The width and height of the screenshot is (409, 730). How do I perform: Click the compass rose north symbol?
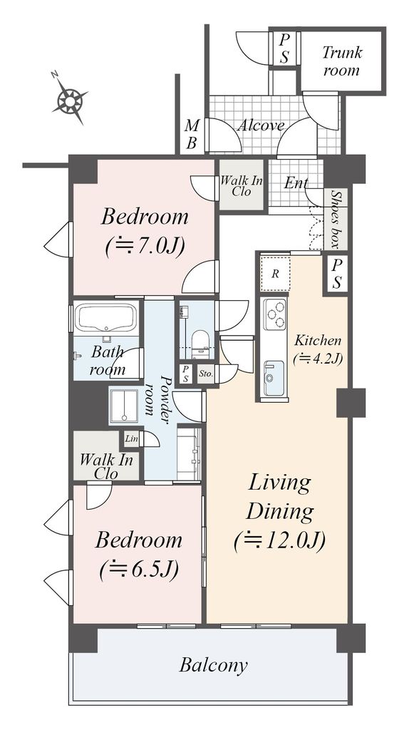click(69, 98)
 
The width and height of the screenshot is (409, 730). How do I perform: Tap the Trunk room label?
click(342, 61)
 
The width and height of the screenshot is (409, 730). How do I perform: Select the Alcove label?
click(261, 125)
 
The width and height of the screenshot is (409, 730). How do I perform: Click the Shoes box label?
click(336, 218)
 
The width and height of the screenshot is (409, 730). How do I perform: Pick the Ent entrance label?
click(296, 183)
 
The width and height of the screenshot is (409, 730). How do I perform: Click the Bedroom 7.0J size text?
click(145, 245)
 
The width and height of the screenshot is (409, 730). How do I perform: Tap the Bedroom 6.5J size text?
click(139, 569)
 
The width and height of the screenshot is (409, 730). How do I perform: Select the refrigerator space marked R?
click(276, 273)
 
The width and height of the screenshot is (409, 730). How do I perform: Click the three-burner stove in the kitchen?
click(274, 314)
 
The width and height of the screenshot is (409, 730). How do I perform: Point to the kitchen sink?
click(274, 378)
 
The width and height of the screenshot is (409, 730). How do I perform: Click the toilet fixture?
click(200, 343)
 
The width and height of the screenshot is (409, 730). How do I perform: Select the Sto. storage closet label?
click(205, 374)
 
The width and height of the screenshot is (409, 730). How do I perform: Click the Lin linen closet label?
click(131, 438)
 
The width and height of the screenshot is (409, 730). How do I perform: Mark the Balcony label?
click(214, 665)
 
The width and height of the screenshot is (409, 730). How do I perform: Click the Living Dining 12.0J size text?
click(279, 542)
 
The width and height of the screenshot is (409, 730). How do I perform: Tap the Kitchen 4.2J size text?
click(318, 359)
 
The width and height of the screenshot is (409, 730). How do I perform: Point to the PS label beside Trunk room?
click(284, 49)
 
